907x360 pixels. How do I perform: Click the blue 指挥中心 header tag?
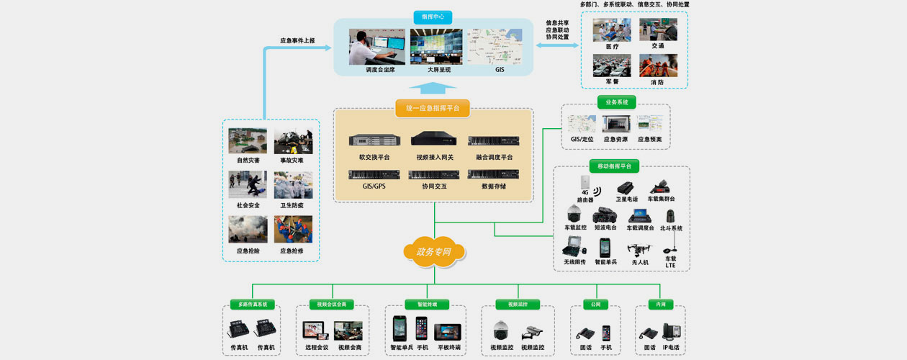[x=433, y=16]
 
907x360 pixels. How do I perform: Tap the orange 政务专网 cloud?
[x=433, y=251]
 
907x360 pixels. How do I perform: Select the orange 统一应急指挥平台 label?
[x=433, y=109]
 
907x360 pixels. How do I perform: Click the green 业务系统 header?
[x=617, y=103]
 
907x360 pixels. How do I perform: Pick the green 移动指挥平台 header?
[x=614, y=166]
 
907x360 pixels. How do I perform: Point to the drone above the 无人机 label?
[x=639, y=248]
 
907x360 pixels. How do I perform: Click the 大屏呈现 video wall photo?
[x=436, y=47]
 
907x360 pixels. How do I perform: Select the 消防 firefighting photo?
[x=658, y=66]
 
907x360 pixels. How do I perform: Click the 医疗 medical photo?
[x=611, y=30]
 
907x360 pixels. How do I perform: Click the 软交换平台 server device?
[x=374, y=140]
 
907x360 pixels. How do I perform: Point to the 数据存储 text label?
[x=494, y=186]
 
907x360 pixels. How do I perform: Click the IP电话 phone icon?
[x=672, y=332]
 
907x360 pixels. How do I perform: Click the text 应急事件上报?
[x=297, y=40]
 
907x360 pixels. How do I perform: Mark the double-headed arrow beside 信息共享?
[x=557, y=45]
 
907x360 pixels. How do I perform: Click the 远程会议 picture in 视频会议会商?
[x=316, y=330]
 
